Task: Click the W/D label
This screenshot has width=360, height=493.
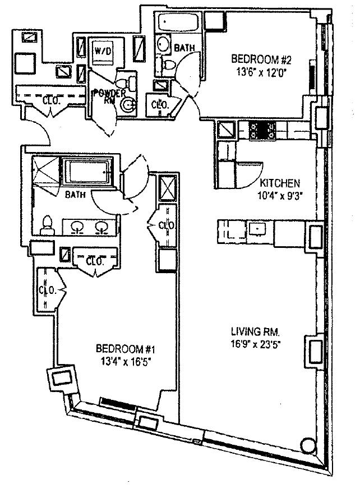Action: [x=103, y=50]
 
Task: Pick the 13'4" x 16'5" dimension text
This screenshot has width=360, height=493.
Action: [x=122, y=361]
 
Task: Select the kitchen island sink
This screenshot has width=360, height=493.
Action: [x=259, y=228]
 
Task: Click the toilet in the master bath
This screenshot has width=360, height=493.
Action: [x=48, y=224]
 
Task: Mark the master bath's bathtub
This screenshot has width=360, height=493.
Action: [x=90, y=171]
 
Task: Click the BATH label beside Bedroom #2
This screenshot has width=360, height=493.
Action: [x=184, y=48]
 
